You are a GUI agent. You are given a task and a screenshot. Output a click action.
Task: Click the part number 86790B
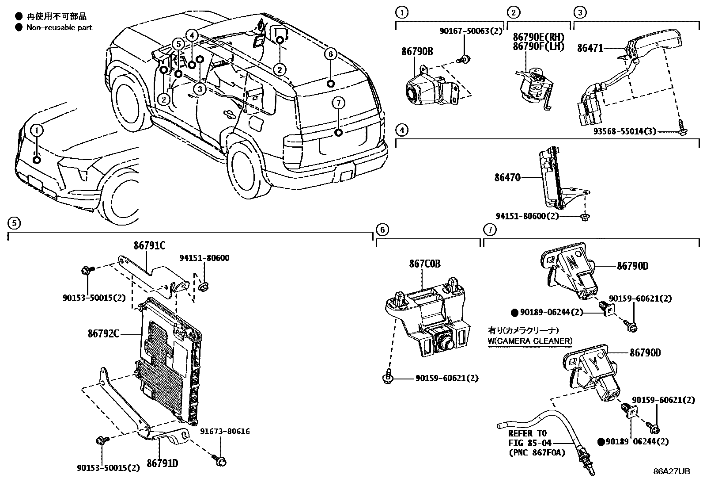pos(417,52)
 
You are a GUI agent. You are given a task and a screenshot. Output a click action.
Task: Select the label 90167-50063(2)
pos(471,31)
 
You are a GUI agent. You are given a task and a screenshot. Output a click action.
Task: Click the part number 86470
pos(507,178)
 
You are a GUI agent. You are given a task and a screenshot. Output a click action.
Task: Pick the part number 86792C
pos(103,333)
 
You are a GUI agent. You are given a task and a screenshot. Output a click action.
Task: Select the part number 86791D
pos(162,463)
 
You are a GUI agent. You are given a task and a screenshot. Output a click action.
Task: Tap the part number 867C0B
pos(424,264)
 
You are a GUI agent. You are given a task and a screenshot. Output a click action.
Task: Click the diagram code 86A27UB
pos(672,471)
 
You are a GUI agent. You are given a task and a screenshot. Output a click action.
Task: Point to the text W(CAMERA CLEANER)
pos(530,341)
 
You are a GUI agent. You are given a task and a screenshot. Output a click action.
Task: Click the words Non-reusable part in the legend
pos(59,27)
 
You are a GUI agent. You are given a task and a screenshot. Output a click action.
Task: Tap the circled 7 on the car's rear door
pos(338,103)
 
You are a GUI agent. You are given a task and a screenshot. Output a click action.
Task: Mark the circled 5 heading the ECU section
pos(14,223)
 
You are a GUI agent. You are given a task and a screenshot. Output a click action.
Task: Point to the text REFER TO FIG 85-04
pos(527,437)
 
